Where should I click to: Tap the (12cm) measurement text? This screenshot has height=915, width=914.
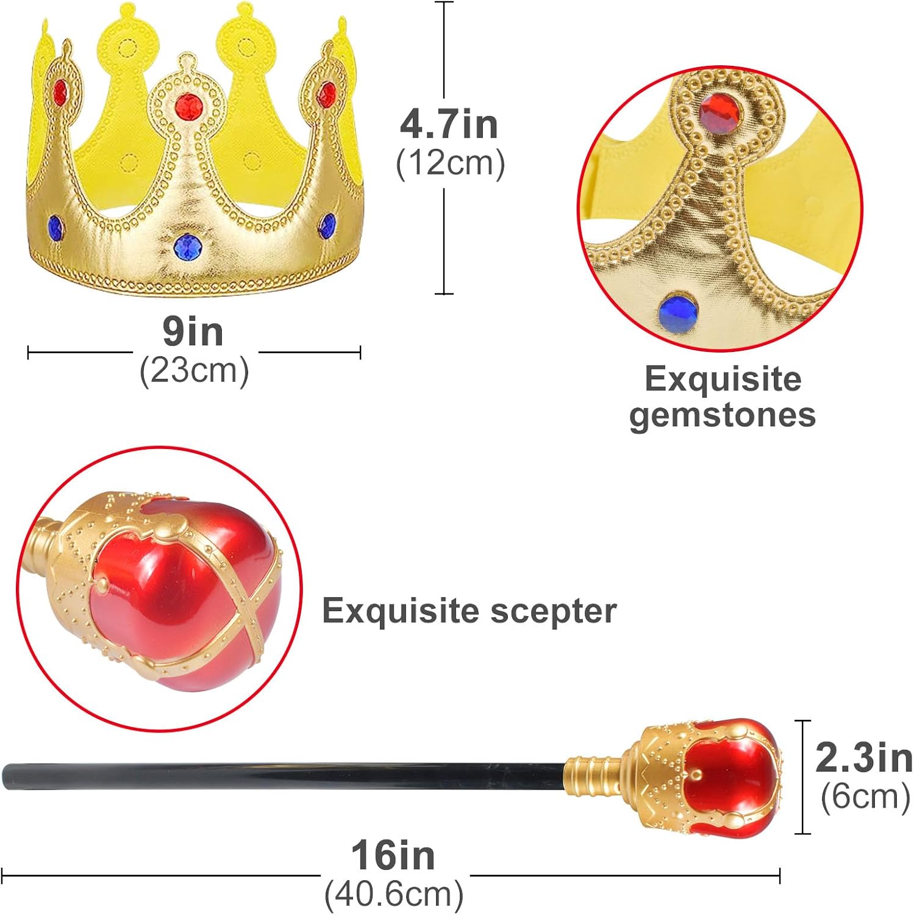pyautogui.click(x=451, y=163)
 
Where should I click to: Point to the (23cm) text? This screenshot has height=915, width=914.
pyautogui.click(x=194, y=370)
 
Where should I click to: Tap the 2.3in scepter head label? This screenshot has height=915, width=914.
pyautogui.click(x=864, y=758)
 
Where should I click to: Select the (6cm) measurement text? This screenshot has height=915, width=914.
pyautogui.click(x=865, y=796)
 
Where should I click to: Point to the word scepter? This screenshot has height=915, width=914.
pyautogui.click(x=554, y=612)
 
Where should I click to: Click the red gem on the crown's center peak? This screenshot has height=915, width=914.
pyautogui.click(x=188, y=107)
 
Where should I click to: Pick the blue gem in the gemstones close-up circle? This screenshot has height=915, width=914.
pyautogui.click(x=678, y=312)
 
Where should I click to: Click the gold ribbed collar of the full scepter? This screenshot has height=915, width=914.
pyautogui.click(x=594, y=775)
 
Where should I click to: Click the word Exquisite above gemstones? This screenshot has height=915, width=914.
pyautogui.click(x=723, y=379)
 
